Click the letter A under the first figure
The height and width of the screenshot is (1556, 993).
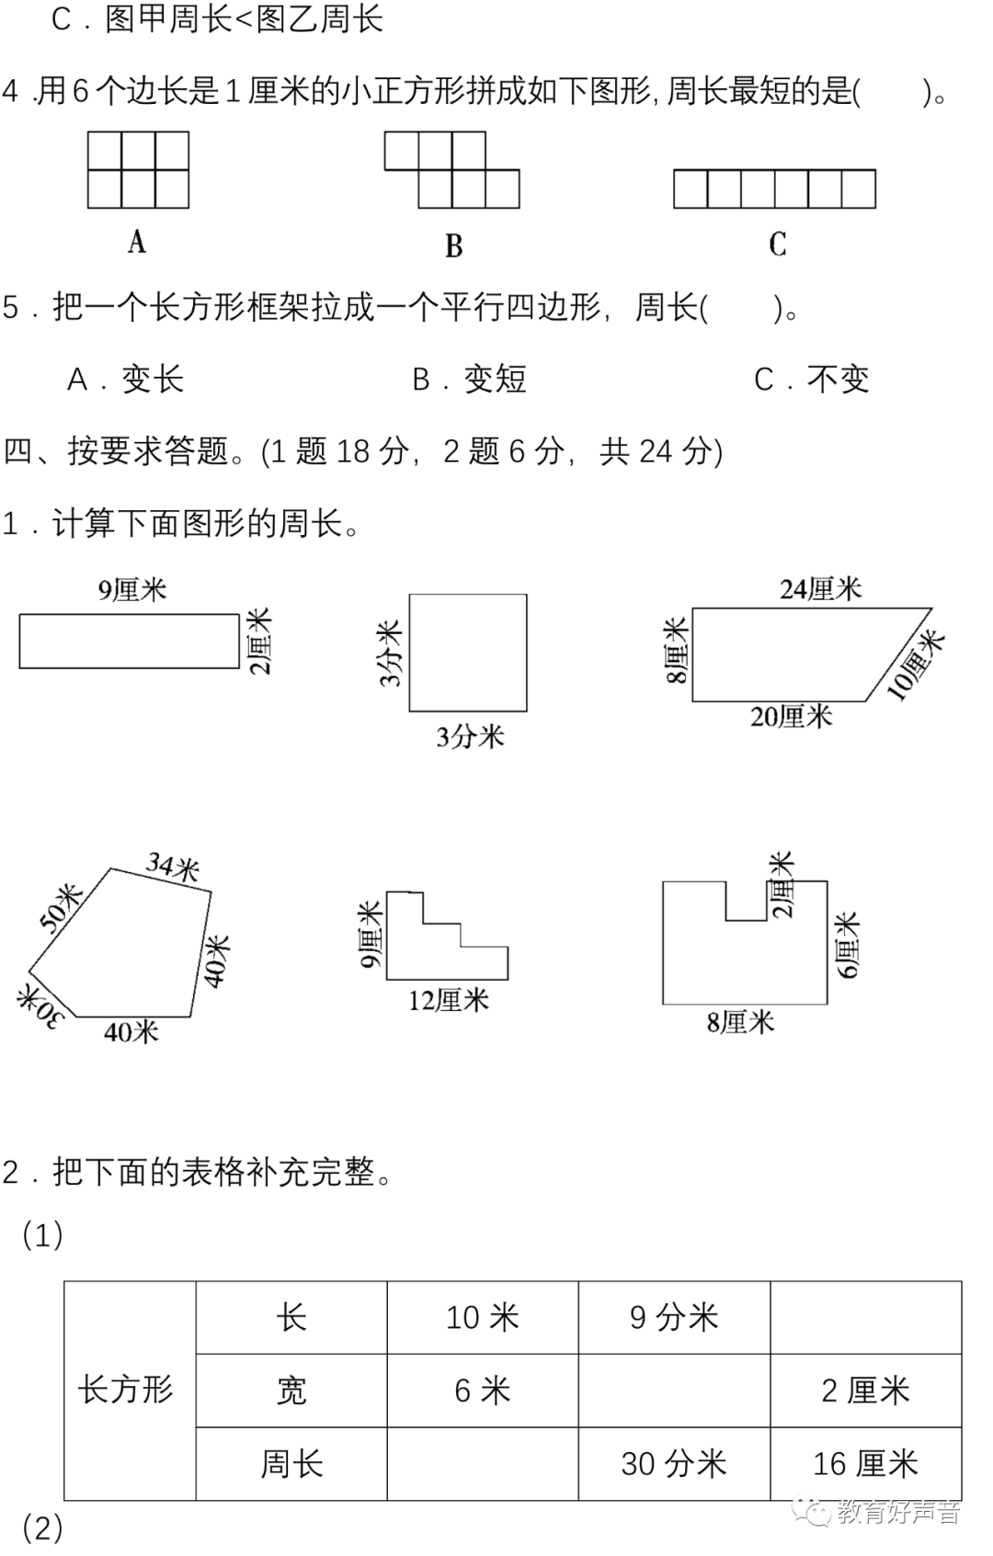[137, 242]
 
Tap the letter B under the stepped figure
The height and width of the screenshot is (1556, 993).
[453, 245]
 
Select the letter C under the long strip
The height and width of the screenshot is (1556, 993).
[777, 244]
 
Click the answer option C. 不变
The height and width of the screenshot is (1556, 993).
[811, 379]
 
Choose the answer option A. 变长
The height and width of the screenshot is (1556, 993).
[126, 379]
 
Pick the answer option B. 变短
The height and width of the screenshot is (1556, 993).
[469, 379]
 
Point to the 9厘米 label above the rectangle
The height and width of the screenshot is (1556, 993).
[132, 589]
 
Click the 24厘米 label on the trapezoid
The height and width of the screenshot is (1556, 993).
[820, 588]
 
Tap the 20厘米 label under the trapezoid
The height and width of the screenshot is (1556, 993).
[791, 716]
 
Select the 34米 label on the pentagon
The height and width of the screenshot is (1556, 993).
[173, 866]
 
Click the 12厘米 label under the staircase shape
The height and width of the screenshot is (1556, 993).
[449, 1000]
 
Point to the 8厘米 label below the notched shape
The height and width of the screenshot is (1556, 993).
[740, 1022]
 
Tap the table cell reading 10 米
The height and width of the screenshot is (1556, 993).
[483, 1317]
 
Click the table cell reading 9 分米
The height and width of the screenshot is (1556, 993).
[674, 1317]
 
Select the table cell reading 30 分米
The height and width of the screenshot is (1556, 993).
[674, 1463]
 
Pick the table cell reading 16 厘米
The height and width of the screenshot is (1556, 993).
[865, 1463]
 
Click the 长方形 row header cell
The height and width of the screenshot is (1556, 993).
[126, 1390]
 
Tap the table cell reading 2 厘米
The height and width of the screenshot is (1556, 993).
[865, 1390]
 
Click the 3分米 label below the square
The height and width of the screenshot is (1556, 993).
[470, 736]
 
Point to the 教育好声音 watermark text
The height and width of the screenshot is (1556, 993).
[897, 1512]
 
